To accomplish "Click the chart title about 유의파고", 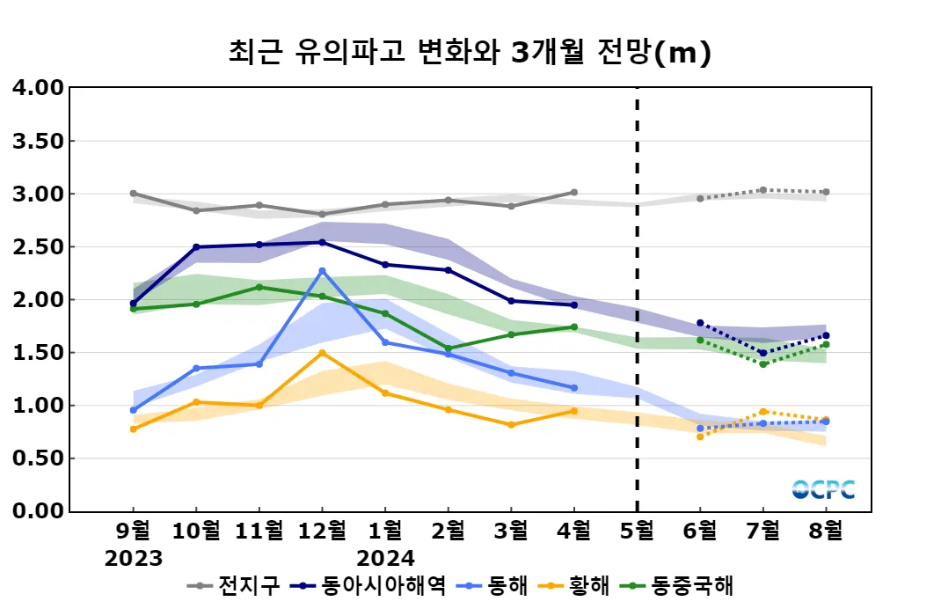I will coord(470,53).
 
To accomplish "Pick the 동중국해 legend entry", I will coord(679,585).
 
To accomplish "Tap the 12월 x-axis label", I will coord(322,532).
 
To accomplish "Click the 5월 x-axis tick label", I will coord(637,532).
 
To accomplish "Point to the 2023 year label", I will coord(134,559).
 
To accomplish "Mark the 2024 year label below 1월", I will coord(385,559).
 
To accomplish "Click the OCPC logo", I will coord(823,490).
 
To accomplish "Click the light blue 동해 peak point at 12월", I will coord(322,271).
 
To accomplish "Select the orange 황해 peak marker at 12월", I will coord(322,353).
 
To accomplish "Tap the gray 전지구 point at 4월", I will coord(574,192).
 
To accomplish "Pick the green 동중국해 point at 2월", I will coord(449,348).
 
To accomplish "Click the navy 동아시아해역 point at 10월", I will coord(196,247).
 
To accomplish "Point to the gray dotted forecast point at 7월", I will coord(762,190).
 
